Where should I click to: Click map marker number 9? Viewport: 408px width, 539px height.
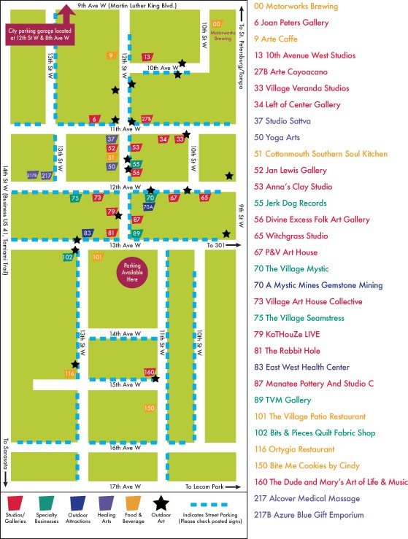click(111, 55)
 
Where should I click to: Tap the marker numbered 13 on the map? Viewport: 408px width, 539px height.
click(147, 56)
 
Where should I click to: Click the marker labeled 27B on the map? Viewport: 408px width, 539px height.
click(147, 119)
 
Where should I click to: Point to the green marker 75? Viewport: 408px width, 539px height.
click(75, 198)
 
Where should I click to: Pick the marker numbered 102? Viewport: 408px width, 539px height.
click(67, 257)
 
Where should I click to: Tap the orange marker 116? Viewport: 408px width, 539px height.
click(70, 373)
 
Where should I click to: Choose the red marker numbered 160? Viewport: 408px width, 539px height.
click(149, 372)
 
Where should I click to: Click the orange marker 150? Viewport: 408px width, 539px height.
click(150, 408)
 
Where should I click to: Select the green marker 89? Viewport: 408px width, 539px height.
click(136, 233)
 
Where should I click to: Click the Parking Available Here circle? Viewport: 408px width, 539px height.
click(132, 275)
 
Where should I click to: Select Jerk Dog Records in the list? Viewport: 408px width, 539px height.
click(296, 203)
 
